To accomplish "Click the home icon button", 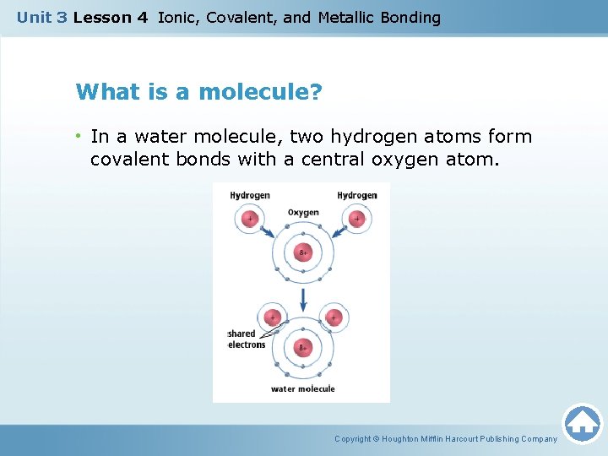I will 582,423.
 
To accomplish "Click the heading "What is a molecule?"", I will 198,91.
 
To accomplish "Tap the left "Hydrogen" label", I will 250,195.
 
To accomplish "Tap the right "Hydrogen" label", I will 357,195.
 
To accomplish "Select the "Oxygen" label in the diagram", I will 303,213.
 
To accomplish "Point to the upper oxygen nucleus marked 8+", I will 303,252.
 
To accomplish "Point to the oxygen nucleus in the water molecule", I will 303,347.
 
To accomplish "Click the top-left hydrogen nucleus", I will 249,220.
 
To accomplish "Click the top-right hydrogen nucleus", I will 356,220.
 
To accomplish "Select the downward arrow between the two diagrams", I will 303,297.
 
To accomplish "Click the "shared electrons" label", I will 246,339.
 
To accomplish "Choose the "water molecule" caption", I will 302,389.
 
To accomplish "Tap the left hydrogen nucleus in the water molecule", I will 272,318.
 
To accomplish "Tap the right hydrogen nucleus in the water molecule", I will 334,318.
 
